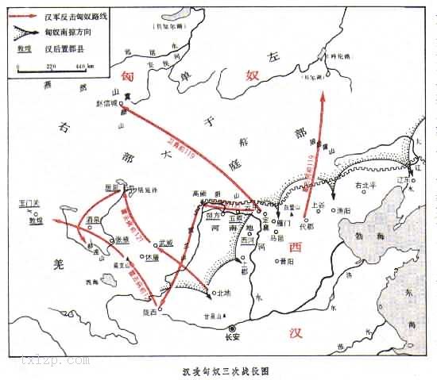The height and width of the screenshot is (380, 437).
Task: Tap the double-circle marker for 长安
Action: pyautogui.click(x=232, y=328)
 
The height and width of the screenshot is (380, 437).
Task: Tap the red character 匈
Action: pyautogui.click(x=126, y=75)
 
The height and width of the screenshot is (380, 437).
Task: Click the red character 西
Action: pyautogui.click(x=296, y=247)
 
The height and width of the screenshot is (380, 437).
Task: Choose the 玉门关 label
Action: pyautogui.click(x=29, y=205)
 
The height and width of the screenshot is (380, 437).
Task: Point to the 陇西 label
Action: pyautogui.click(x=149, y=312)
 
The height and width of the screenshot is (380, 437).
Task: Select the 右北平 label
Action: pyautogui.click(x=365, y=185)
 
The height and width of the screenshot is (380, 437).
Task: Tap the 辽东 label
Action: pyautogui.click(x=411, y=178)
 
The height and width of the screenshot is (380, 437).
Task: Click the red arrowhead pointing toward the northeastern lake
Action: pyautogui.click(x=325, y=95)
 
